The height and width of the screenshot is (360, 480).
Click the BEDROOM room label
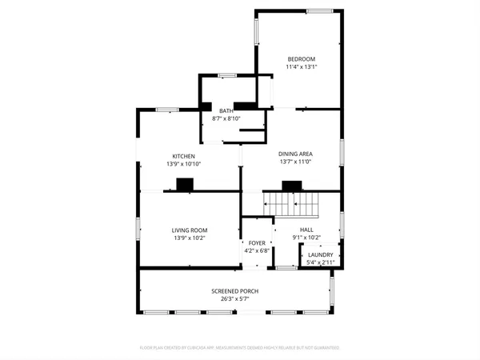(x=302, y=59)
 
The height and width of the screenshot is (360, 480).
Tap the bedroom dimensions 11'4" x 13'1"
(x=302, y=67)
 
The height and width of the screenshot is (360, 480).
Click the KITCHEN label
(x=183, y=156)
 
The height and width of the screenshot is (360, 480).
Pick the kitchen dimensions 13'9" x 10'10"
(x=183, y=164)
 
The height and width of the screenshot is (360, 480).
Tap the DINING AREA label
(x=295, y=154)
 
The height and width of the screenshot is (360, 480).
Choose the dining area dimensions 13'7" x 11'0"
(x=295, y=162)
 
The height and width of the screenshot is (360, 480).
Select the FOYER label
(x=256, y=243)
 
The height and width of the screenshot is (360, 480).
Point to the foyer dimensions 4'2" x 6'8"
(x=256, y=250)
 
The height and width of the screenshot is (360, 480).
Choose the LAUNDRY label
(x=320, y=255)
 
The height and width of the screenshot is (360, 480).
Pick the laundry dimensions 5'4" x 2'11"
(x=320, y=262)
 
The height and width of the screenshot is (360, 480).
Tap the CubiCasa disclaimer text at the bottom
(x=240, y=348)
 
